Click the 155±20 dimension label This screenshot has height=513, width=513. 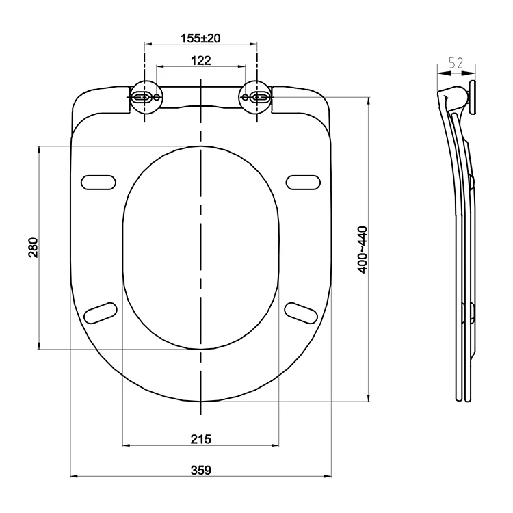click(200, 38)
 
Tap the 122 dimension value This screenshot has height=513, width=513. click(201, 60)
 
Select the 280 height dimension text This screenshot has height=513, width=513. click(34, 248)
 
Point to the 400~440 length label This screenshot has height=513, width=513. click(363, 249)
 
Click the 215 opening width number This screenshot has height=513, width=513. click(201, 439)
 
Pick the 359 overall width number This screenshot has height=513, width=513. click(201, 470)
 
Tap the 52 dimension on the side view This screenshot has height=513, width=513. click(456, 63)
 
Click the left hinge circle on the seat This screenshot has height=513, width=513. click(145, 97)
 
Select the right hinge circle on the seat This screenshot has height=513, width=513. click(256, 97)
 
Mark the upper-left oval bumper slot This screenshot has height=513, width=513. click(98, 183)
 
